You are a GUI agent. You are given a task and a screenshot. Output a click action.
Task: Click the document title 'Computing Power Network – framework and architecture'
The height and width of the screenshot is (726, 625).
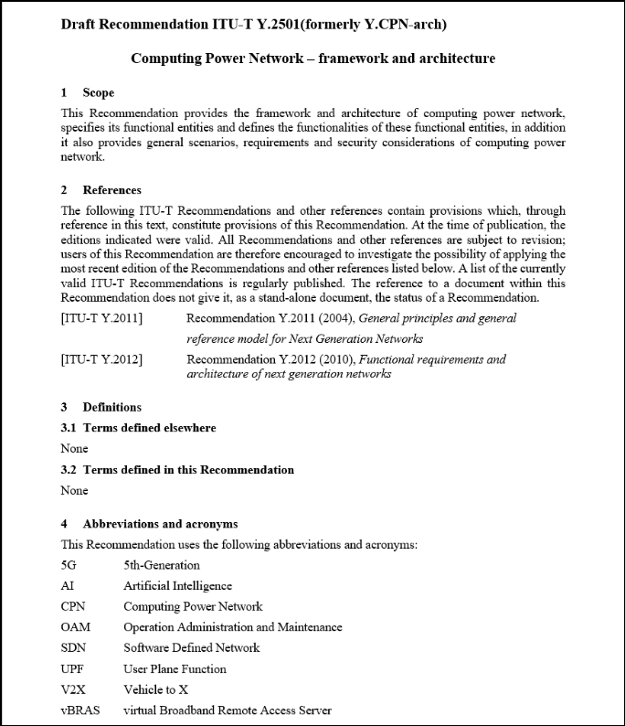pos(312,59)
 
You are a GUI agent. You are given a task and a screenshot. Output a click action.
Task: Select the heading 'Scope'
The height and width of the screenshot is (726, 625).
pos(99,93)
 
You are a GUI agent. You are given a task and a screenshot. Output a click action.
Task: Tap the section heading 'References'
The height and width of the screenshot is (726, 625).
pos(111,190)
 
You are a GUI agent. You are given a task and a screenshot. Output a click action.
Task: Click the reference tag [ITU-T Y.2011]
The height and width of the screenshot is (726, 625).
pos(101,318)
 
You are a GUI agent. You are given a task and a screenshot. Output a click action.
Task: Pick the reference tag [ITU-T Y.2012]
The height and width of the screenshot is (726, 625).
pos(101,359)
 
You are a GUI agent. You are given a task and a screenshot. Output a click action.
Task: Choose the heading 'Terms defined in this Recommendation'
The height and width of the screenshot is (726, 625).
pos(188,470)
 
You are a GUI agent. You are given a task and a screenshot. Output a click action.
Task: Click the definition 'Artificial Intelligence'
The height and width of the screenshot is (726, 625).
pos(177,586)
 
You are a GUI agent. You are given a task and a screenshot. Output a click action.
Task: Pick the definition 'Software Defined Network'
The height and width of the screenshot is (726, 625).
pos(191,648)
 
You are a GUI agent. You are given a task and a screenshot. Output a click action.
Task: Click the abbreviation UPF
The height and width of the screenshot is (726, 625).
pos(73,668)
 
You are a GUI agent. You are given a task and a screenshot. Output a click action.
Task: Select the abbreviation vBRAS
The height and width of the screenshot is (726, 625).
pos(79,710)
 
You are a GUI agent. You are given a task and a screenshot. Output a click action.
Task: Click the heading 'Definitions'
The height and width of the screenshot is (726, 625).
pos(111,407)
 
